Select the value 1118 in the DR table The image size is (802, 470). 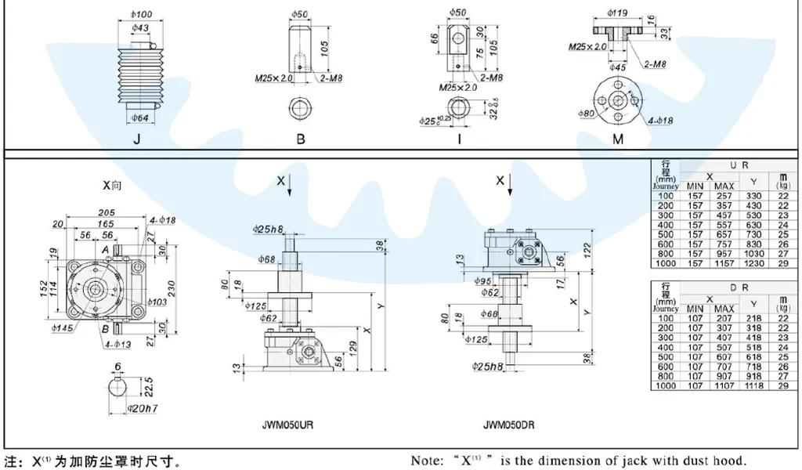click(x=753, y=386)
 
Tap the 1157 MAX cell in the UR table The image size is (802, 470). click(x=724, y=264)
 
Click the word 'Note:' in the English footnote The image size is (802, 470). click(x=428, y=461)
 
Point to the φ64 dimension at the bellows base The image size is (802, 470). click(x=141, y=118)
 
